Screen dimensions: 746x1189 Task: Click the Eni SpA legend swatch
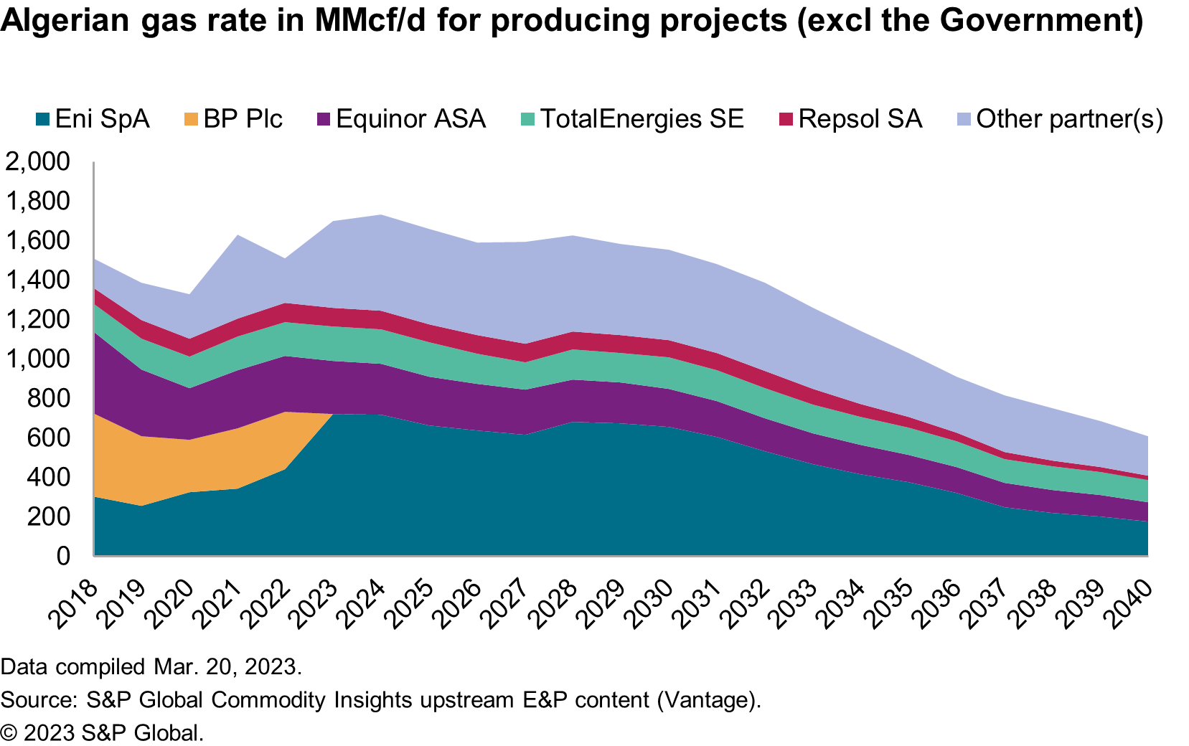tap(42, 119)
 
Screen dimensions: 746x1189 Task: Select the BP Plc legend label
tap(243, 119)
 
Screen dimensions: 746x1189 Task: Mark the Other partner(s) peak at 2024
tap(380, 215)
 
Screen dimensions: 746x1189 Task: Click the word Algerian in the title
tap(65, 20)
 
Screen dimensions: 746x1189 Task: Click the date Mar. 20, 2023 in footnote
tap(227, 666)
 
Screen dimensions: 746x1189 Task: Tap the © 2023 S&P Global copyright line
tap(102, 732)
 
